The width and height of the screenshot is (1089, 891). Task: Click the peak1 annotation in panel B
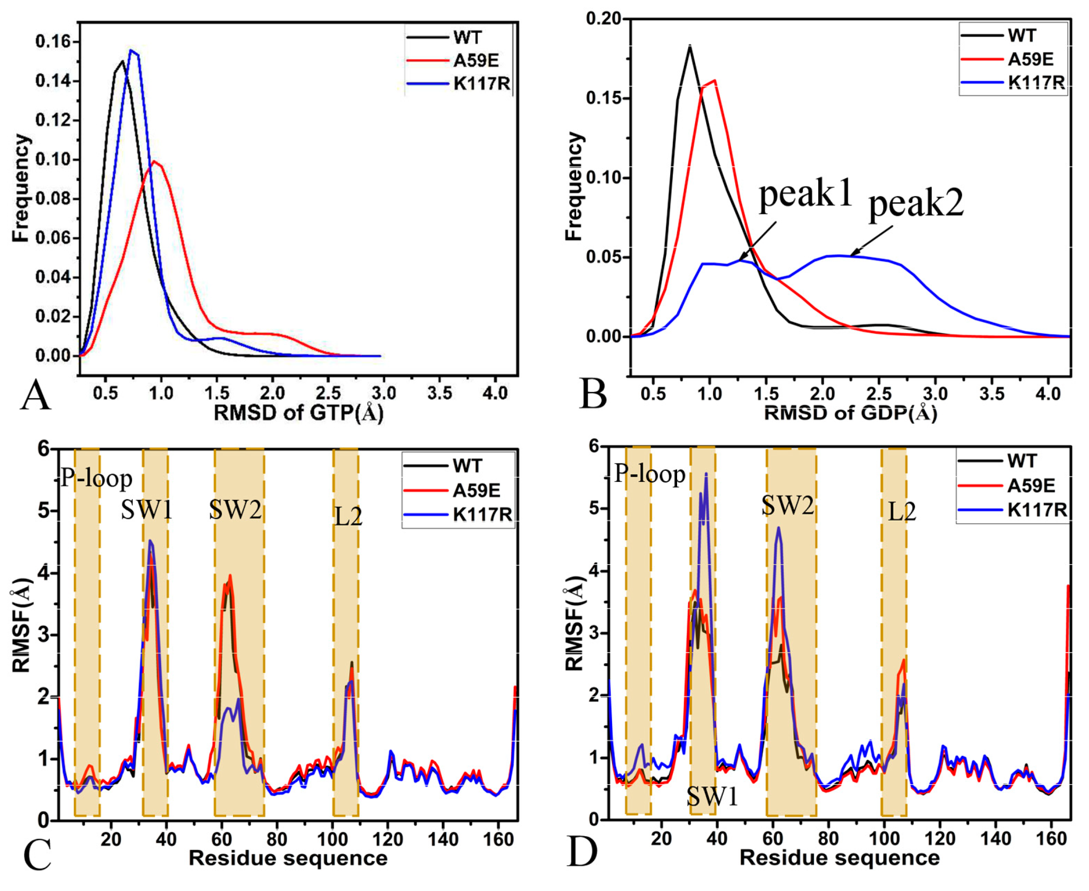pyautogui.click(x=805, y=195)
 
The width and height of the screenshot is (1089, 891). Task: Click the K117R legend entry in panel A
pyautogui.click(x=481, y=83)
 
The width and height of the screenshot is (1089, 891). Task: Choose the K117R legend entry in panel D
pyautogui.click(x=1037, y=510)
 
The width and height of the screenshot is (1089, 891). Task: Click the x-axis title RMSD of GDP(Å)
pyautogui.click(x=851, y=413)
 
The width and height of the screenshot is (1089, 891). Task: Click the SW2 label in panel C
pyautogui.click(x=236, y=510)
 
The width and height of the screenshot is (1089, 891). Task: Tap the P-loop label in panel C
pyautogui.click(x=96, y=478)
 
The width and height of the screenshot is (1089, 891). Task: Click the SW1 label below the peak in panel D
pyautogui.click(x=712, y=796)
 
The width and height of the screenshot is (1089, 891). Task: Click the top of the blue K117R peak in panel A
pyautogui.click(x=131, y=50)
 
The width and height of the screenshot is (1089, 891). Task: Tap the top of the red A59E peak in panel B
pyautogui.click(x=714, y=80)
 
